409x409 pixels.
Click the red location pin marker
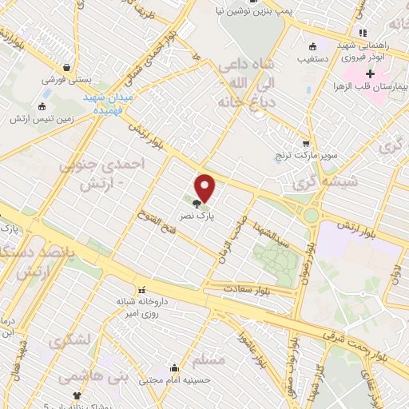(205, 188)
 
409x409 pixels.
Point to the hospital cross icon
(370, 73)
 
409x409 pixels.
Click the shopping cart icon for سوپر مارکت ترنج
(306, 145)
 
